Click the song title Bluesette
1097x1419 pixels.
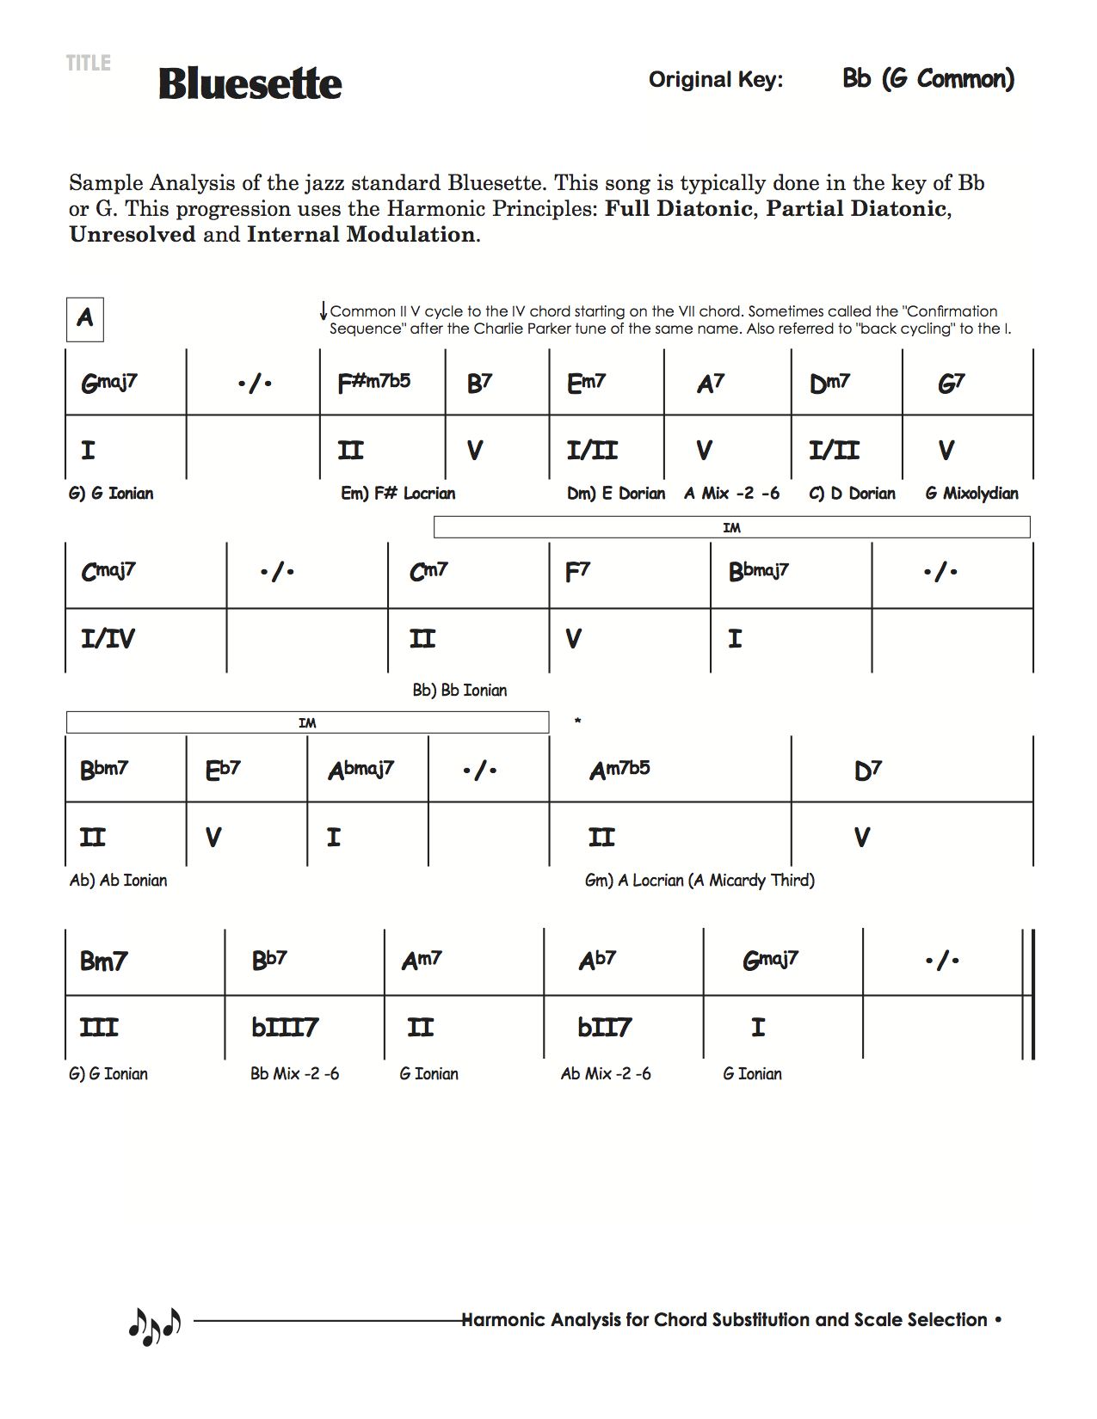tap(250, 83)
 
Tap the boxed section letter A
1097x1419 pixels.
tap(85, 319)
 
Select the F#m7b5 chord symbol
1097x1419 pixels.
tap(374, 382)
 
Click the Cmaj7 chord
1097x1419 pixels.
tap(108, 571)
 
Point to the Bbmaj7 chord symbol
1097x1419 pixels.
tap(758, 571)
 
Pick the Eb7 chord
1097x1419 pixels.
tap(223, 769)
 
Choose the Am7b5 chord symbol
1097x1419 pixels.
tap(619, 769)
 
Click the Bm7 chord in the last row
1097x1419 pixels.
tap(103, 961)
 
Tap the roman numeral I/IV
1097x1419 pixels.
tap(108, 638)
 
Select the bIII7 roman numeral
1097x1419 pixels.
tap(285, 1027)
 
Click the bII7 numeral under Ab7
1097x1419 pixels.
tap(604, 1027)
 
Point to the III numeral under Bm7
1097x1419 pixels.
tap(99, 1027)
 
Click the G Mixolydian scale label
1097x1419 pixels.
tap(971, 494)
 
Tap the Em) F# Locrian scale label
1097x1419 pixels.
tap(398, 494)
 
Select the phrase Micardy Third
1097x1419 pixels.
tap(761, 881)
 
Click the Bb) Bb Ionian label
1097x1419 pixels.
tap(459, 691)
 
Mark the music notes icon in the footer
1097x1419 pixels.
tap(155, 1325)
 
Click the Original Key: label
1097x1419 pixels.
tap(716, 80)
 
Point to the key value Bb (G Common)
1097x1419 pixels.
tap(928, 79)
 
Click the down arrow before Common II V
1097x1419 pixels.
tap(324, 310)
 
